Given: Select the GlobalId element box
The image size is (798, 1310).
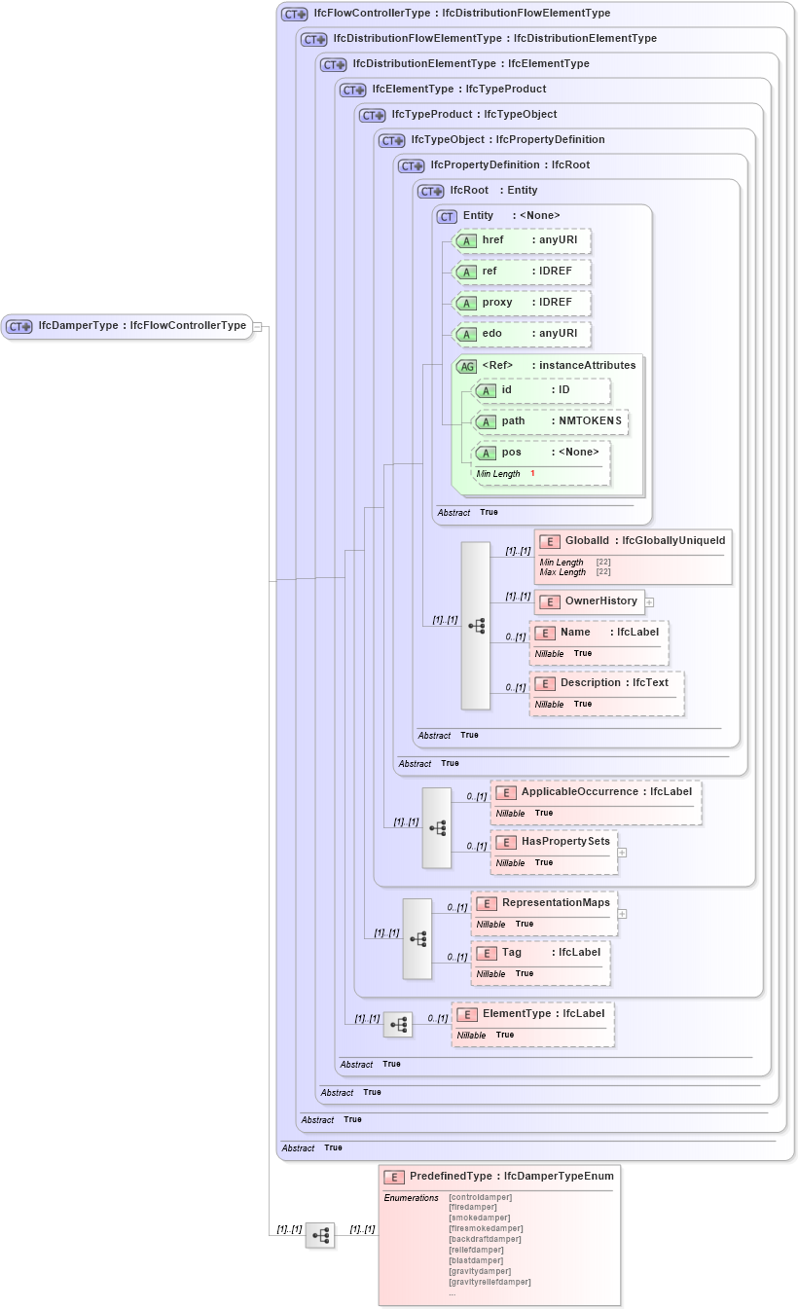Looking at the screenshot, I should pos(633,541).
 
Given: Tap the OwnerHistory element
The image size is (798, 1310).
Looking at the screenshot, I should pos(590,601).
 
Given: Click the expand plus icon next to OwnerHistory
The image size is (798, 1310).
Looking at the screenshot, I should pos(649,602).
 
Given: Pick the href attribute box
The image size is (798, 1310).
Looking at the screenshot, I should pos(523,240).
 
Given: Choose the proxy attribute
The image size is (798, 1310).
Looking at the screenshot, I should pos(523,303).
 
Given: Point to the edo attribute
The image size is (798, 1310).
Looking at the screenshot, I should pos(523,334).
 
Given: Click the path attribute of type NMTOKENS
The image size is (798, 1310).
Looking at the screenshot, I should pos(550,421).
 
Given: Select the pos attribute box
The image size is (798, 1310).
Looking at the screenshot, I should pos(541,453).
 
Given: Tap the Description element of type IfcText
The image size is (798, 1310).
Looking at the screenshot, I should pos(605,683).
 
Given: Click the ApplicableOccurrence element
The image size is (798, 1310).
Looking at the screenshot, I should pos(596,792).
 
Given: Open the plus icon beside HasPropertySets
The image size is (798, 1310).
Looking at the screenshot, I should pos(622,853).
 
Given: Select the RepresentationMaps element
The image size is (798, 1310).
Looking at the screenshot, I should pos(544,903).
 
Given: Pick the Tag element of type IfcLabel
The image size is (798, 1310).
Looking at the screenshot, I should pos(540,953).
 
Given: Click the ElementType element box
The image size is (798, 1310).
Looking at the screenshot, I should pos(532,1014).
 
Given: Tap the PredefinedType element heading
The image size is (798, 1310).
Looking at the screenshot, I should pos(499,1177).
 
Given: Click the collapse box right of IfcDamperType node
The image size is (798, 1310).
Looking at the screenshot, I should pos(258,327).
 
